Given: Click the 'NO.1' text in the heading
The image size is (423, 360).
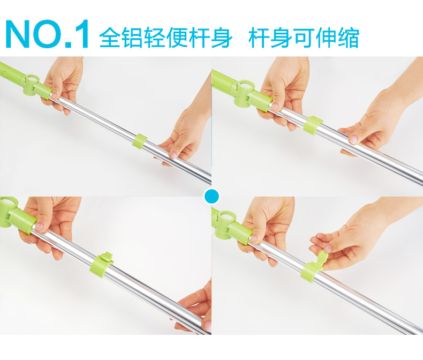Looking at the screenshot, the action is coord(47,34).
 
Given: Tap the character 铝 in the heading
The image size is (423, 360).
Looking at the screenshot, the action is coord(132,37).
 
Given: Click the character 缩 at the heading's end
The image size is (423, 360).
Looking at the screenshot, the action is coord(348,37).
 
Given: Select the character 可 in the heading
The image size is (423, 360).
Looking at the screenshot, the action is coord(304,37).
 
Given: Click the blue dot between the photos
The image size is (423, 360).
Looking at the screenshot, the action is coord(212,196).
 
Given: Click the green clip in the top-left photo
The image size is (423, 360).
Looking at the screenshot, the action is coord(139,141).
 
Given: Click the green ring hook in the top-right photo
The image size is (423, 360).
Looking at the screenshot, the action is coord(244,93).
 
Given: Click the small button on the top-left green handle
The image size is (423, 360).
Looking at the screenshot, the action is coord(3,73).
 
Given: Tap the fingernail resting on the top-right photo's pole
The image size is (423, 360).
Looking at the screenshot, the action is coord(353,139).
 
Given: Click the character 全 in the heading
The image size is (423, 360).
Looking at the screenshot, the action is coord(110,37).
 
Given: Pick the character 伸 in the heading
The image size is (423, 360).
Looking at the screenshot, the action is coord(326,37).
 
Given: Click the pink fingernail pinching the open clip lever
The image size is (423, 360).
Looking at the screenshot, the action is coord(328,249).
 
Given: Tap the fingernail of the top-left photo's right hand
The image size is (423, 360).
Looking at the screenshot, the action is coord(173,155).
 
